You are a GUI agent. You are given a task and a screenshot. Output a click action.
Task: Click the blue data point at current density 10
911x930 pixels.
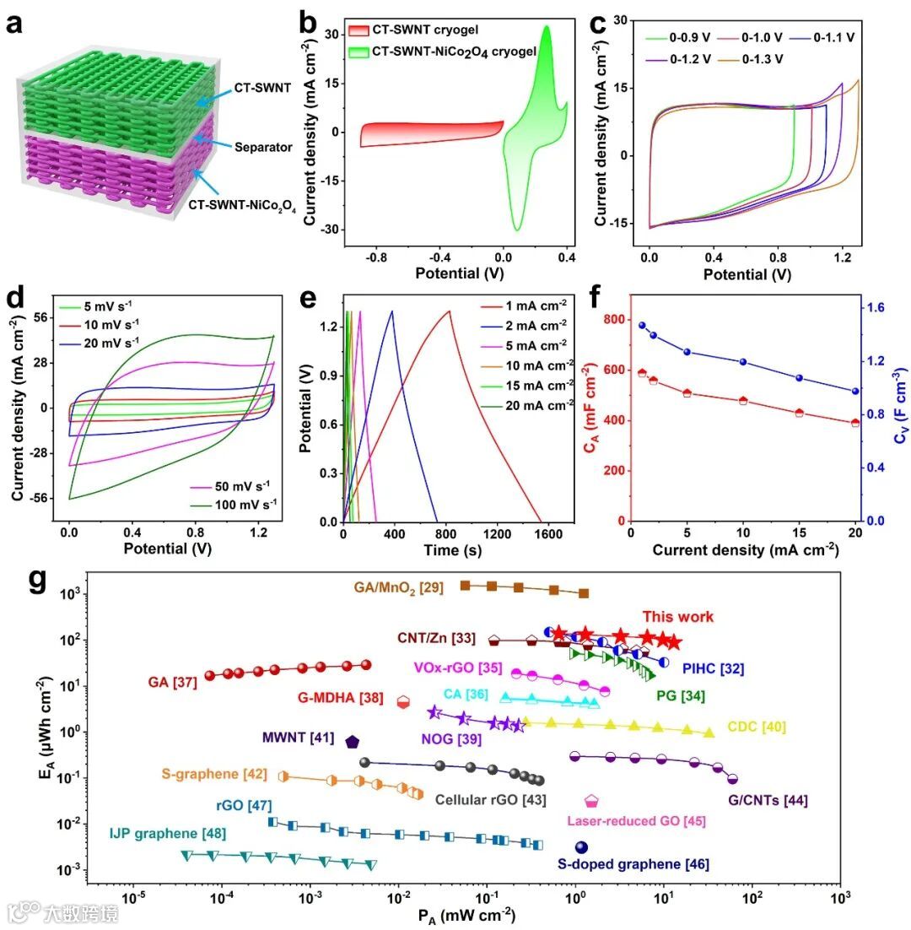[743, 362]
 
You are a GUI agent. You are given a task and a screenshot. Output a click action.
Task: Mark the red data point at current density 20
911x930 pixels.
[855, 423]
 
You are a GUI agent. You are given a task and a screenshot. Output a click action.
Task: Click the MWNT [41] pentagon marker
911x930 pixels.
[352, 742]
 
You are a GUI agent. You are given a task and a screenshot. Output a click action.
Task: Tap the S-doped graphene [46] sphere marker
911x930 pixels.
[580, 847]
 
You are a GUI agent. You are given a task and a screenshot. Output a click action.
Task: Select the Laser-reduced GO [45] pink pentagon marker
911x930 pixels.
[591, 800]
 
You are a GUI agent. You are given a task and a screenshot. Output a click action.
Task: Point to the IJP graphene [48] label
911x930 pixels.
[167, 834]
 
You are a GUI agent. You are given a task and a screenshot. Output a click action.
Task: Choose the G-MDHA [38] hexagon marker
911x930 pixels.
[403, 701]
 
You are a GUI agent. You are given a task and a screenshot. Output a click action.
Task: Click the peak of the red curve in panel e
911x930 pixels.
[450, 311]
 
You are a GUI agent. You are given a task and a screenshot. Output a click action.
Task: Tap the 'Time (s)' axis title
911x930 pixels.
[446, 553]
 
